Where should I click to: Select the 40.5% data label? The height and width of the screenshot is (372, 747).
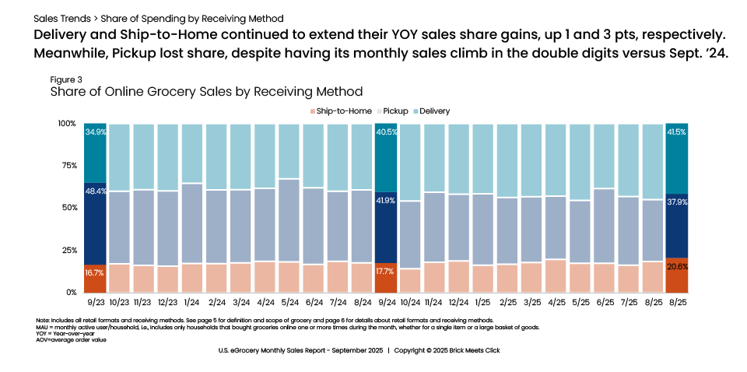coord(387,132)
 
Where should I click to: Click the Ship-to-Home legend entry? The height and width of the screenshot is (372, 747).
coord(342,111)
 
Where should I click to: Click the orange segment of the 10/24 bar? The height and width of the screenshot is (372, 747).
coord(411,280)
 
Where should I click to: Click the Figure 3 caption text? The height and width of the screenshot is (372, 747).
coord(66,80)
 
